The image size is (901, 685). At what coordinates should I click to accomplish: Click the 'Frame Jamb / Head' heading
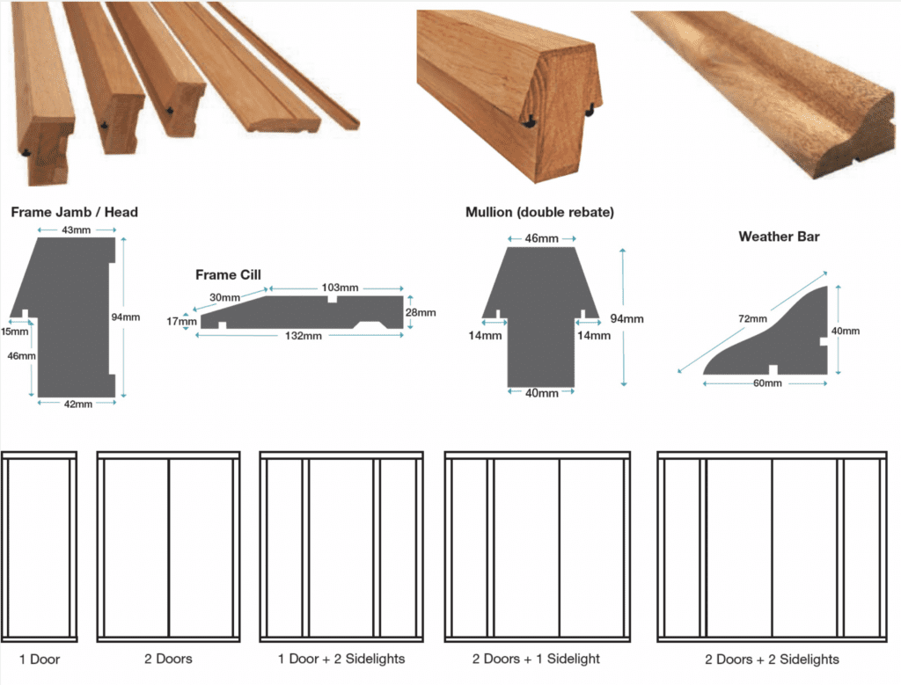pyautogui.click(x=74, y=212)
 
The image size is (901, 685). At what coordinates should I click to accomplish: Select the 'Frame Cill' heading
pyautogui.click(x=228, y=275)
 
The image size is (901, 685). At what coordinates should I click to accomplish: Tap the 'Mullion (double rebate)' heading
pyautogui.click(x=539, y=212)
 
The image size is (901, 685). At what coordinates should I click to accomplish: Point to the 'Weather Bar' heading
pyautogui.click(x=779, y=237)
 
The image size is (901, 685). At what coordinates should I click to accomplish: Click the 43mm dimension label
pyautogui.click(x=76, y=230)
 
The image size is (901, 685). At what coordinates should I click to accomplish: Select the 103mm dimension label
pyautogui.click(x=340, y=288)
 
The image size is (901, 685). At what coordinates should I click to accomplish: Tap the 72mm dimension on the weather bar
pyautogui.click(x=753, y=318)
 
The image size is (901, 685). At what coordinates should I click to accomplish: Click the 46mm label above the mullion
pyautogui.click(x=541, y=239)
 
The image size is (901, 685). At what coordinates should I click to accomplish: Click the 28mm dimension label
pyautogui.click(x=421, y=312)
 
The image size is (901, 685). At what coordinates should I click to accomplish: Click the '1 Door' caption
pyautogui.click(x=40, y=659)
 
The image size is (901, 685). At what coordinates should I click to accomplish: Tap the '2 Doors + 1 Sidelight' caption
pyautogui.click(x=538, y=659)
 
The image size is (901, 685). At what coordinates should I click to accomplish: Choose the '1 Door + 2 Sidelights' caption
pyautogui.click(x=341, y=659)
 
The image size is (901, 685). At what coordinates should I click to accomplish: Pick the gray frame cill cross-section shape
pyautogui.click(x=299, y=311)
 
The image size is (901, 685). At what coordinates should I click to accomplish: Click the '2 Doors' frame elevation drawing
pyautogui.click(x=168, y=545)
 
